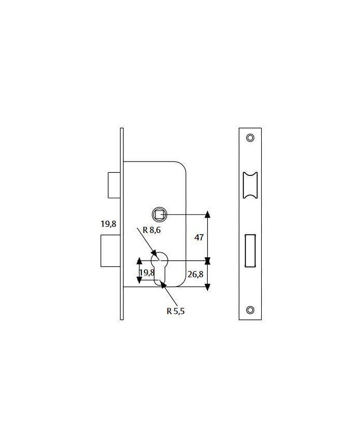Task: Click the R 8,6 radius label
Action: (151, 230)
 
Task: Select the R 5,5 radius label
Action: (175, 311)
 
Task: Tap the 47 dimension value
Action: (199, 237)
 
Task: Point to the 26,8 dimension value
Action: (195, 274)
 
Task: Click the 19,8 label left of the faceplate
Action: (109, 224)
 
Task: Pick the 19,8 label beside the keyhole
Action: (147, 273)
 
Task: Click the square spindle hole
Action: (159, 214)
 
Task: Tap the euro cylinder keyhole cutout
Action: (159, 269)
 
